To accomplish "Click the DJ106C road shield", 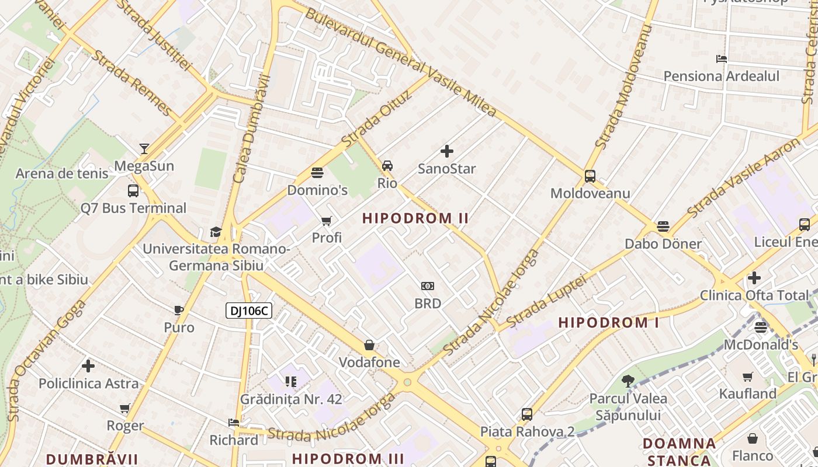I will coord(249,311).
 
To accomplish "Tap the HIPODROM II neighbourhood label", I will coord(415,218).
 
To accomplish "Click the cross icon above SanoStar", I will coord(447,152).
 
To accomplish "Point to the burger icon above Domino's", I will coord(317,173).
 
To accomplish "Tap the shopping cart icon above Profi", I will coord(327,221).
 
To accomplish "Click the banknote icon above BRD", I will coord(428,286).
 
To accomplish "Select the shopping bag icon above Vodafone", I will coord(369,345).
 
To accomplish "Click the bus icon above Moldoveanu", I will coord(590,176).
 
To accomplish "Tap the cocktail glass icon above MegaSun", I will coord(144,149).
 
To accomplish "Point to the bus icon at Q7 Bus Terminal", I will coord(133,191).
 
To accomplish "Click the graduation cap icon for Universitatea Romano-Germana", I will coord(216,232).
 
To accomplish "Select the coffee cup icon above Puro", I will coord(179,310).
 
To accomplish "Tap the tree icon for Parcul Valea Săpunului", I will coord(628,381).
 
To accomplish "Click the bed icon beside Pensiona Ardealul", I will coord(722,59).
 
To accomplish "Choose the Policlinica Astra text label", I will coord(89,384).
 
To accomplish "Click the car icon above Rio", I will coord(387,166).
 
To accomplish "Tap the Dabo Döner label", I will coord(663,243).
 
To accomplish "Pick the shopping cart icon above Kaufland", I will coord(748,377).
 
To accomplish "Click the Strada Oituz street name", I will coord(377,119).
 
